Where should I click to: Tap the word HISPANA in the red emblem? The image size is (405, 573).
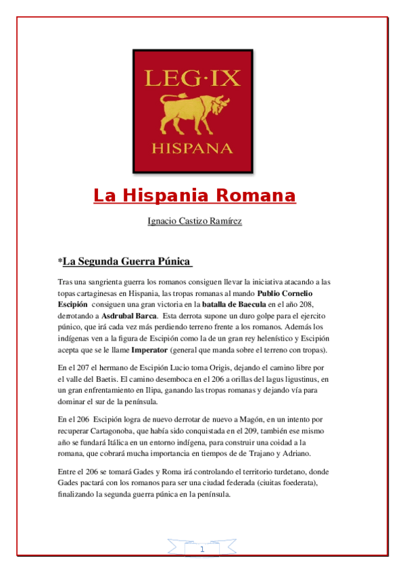194,147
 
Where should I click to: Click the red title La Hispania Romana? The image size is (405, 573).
195,196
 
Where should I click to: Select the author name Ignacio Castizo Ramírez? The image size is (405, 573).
195,221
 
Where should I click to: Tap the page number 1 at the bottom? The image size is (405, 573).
202,550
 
